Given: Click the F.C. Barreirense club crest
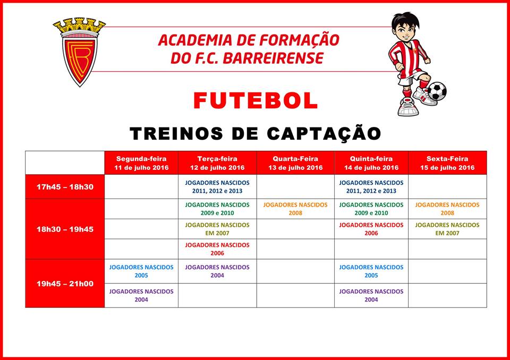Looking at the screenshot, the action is [79, 52].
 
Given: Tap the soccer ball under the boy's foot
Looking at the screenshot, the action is [437, 91].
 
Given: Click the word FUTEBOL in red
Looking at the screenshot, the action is [256, 100].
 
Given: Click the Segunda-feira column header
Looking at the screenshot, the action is [141, 163].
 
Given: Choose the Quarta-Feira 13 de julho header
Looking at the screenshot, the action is [295, 163].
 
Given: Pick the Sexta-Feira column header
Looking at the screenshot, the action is [447, 163].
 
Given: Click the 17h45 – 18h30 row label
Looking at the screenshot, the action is [65, 187].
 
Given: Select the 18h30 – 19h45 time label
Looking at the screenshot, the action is [65, 229].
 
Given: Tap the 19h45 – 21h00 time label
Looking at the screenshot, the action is [65, 284].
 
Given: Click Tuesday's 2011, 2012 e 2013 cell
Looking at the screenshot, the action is [217, 187].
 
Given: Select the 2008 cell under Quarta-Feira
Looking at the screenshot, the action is [295, 209].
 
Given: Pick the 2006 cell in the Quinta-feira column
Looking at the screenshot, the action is [371, 229].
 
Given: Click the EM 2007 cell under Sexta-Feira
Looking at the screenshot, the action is [447, 229].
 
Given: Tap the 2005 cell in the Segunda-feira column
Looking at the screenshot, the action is [141, 271].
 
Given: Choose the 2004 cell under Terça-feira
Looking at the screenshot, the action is [217, 271].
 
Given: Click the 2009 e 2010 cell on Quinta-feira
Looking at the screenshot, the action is [371, 209].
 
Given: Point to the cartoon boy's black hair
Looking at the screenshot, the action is [405, 20].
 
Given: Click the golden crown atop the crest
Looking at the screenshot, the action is [79, 25].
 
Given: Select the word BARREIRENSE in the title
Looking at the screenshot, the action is [273, 58].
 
